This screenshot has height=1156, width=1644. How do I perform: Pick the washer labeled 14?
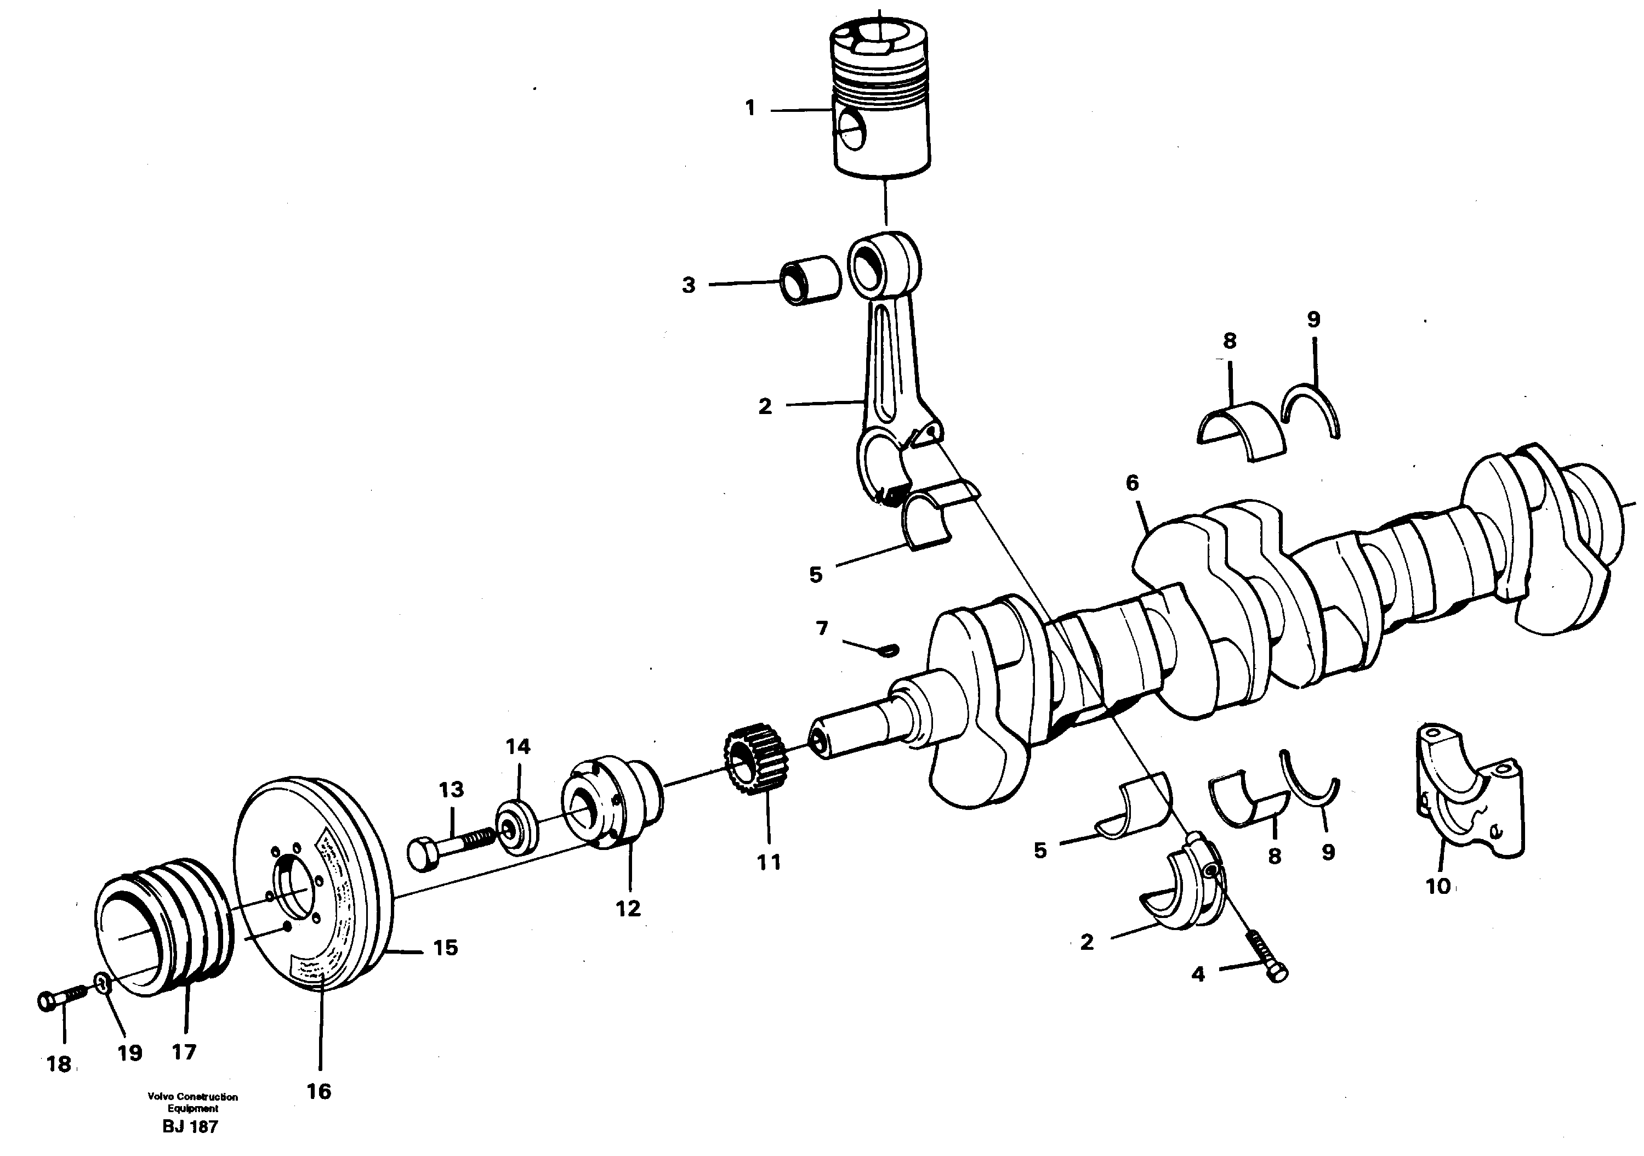[517, 829]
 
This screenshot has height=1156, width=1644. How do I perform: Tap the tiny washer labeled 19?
[103, 985]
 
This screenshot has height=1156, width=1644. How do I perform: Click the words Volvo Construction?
[192, 1097]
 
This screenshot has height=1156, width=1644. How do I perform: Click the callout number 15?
[445, 948]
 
